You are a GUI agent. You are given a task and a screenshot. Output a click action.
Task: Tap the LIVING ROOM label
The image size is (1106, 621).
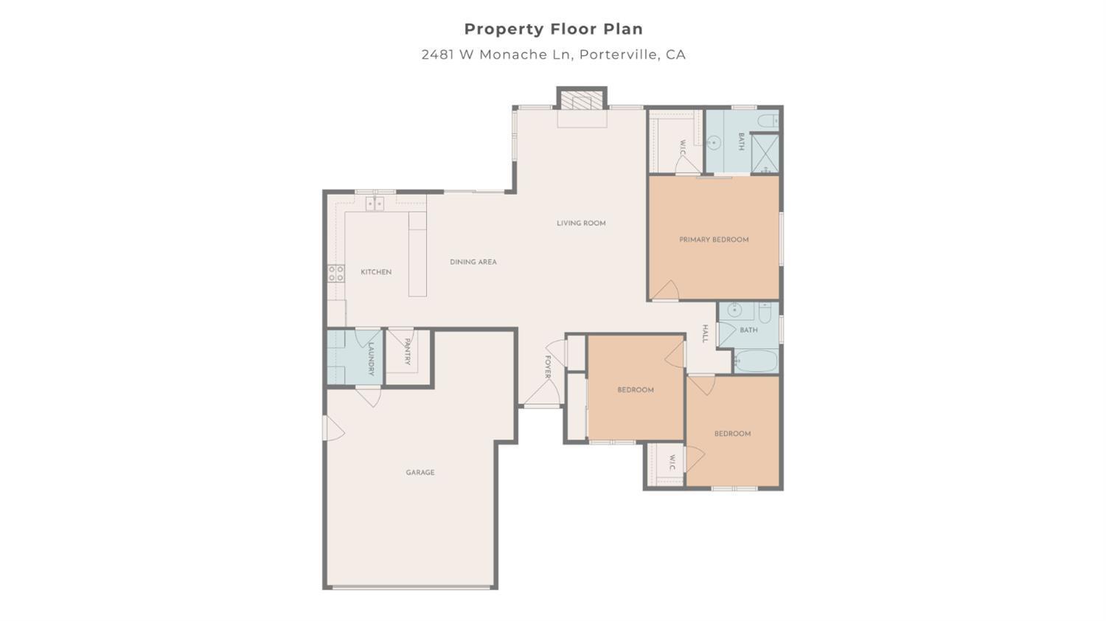click(x=581, y=223)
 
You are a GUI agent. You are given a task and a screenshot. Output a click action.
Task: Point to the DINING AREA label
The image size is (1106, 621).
click(x=473, y=262)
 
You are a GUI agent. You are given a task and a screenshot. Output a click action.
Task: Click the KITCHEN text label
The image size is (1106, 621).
click(x=376, y=272)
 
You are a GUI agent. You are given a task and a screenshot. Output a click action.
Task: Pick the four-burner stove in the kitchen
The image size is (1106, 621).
click(x=336, y=274)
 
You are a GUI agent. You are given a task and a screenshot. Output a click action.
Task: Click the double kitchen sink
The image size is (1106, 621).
click(x=375, y=204)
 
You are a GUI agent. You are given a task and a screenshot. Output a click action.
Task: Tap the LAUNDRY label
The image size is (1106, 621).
click(x=372, y=358)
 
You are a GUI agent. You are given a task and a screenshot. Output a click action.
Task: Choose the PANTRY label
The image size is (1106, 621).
click(x=407, y=352)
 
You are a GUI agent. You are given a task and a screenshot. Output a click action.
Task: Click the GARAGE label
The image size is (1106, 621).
click(x=420, y=473)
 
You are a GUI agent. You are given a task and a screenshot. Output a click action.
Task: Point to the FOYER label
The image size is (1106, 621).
click(x=548, y=367)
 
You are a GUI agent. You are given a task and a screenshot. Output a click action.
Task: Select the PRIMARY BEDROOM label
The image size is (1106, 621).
click(x=714, y=240)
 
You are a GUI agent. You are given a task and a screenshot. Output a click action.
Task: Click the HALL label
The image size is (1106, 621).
click(x=705, y=334)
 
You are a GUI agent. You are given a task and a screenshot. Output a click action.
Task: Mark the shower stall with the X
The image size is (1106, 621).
click(x=765, y=153)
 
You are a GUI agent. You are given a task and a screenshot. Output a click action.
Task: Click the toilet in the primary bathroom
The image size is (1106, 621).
click(x=768, y=120)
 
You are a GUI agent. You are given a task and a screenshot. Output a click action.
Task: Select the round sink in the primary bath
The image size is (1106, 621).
click(x=714, y=142)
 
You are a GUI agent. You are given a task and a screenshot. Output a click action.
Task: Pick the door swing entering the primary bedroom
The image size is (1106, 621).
click(x=666, y=291)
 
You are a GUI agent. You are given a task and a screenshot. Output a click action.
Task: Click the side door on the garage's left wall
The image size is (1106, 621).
click(x=333, y=429)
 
